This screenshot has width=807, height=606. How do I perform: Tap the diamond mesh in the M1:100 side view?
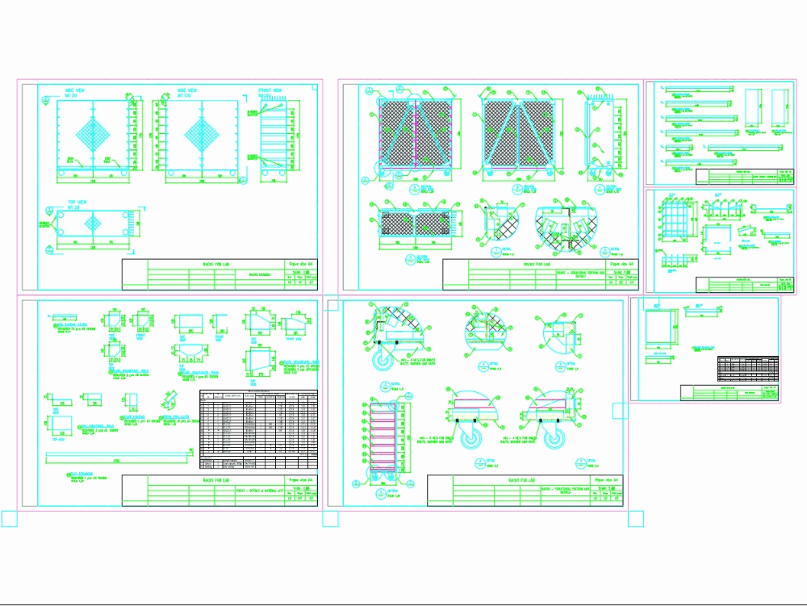click(202, 134)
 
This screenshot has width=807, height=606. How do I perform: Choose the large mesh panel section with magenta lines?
click(414, 133)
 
